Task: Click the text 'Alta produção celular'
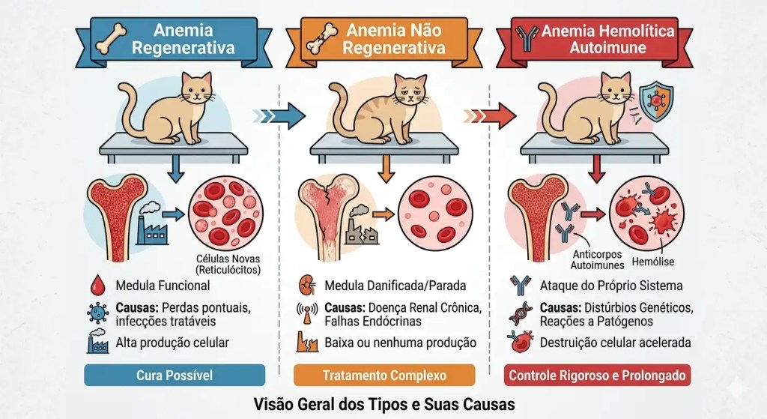pos(172,343)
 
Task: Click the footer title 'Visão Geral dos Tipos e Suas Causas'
pos(383,404)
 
